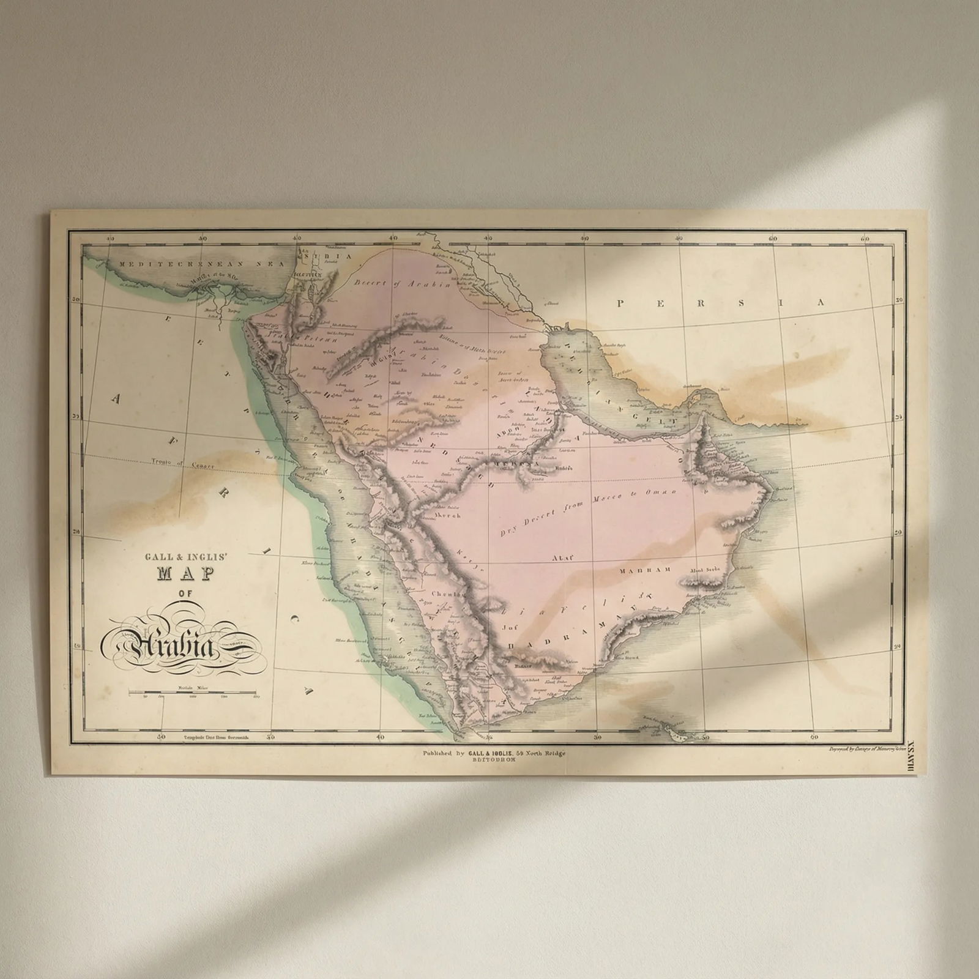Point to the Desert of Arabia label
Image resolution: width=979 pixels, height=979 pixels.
[x=401, y=284]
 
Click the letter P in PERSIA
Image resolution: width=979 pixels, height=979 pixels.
[x=622, y=303]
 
